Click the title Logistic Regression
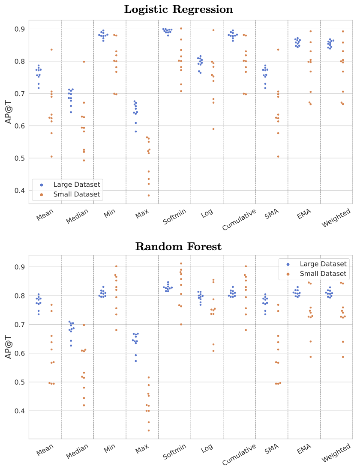[178, 9]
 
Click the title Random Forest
[178, 247]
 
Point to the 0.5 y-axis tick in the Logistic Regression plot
[20, 158]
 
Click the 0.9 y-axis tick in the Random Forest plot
[20, 267]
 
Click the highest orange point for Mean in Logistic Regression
[51, 50]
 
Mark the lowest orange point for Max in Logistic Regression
[149, 195]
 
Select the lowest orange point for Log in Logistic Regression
[213, 129]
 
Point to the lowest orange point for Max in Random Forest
[149, 430]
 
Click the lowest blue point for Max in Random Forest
[136, 361]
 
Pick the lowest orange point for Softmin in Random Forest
[181, 324]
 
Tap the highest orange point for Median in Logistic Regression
[84, 62]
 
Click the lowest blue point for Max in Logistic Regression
[136, 131]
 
